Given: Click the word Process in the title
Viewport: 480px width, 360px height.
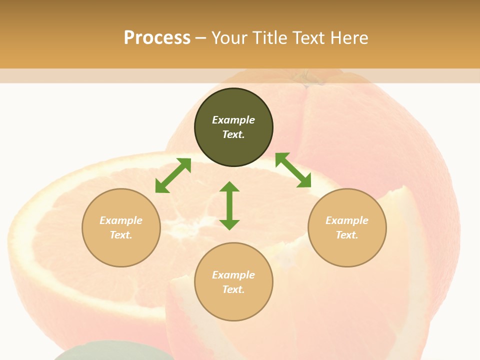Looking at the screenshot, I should coord(157,38).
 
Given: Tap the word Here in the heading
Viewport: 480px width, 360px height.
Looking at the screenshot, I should coord(349,38).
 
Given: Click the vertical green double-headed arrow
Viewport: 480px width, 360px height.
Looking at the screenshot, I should coord(229,206).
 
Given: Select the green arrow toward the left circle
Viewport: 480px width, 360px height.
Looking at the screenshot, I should coord(173,175).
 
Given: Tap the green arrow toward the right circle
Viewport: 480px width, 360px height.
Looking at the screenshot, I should coord(293,170).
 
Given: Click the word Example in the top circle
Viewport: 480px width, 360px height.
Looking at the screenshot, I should coord(233,120).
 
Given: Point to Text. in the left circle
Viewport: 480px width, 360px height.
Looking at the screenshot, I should coord(121,235).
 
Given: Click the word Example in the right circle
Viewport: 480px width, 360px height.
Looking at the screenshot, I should coord(347,220).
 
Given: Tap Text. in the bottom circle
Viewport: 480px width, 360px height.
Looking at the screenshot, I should coord(233,289).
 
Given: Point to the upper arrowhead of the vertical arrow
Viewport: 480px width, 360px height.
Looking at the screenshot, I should coord(229,187).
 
